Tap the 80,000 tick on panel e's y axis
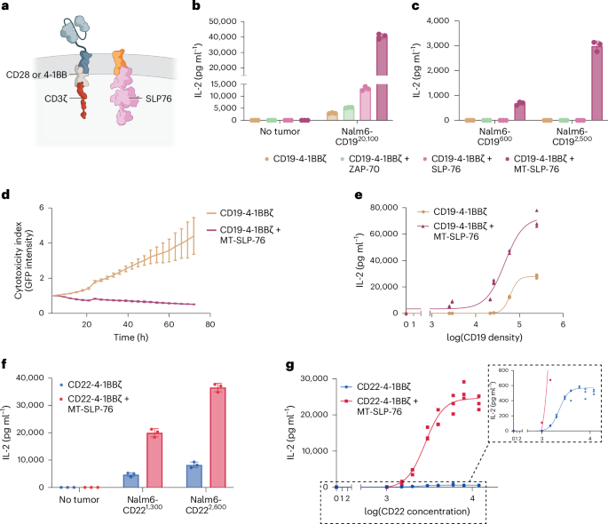(371, 209)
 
